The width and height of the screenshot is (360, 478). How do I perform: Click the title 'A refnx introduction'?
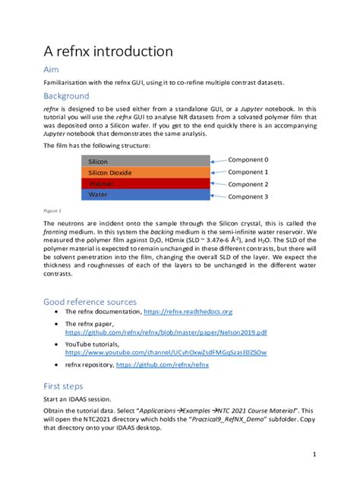click(x=108, y=52)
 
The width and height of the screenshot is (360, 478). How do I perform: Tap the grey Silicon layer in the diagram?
click(x=144, y=161)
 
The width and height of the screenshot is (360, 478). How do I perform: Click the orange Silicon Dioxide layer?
click(x=144, y=172)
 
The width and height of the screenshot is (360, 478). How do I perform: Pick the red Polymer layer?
click(x=144, y=184)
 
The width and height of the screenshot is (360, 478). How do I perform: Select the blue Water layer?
click(x=144, y=195)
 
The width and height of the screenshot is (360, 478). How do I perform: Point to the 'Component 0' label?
click(x=248, y=160)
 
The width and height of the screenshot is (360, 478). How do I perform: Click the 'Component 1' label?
click(x=248, y=172)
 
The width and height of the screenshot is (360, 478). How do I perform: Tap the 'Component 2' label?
click(x=248, y=184)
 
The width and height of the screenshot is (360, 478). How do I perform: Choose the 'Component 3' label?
click(x=248, y=197)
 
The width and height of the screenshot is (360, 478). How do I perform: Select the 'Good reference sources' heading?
click(x=90, y=301)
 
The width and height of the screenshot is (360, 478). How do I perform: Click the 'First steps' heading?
click(x=65, y=385)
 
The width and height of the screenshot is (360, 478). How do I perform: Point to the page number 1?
click(x=314, y=454)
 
